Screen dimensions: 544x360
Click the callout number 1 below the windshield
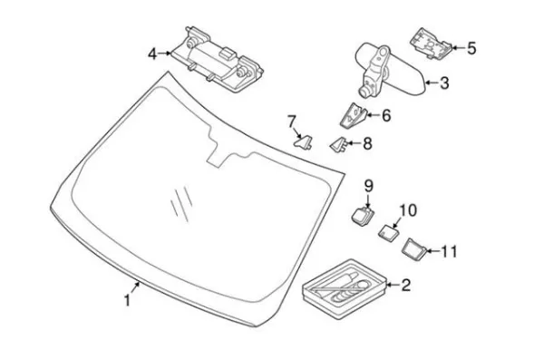(x=127, y=300)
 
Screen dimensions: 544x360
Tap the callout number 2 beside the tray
(x=405, y=285)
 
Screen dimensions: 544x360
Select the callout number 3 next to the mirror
(x=444, y=83)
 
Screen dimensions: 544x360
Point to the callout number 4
(x=152, y=54)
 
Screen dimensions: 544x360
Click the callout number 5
(x=471, y=48)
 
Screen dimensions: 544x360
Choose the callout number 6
(x=386, y=115)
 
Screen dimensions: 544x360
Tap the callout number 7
(x=291, y=122)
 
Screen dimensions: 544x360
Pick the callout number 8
(x=367, y=143)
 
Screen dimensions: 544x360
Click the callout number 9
(x=368, y=186)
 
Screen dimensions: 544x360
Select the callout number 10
(x=408, y=210)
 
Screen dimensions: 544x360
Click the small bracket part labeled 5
(x=431, y=44)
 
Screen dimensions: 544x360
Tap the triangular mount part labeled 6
(x=353, y=115)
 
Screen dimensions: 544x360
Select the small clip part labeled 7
(x=304, y=142)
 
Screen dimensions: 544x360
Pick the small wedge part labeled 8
(x=338, y=144)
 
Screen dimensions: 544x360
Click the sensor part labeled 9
(x=363, y=215)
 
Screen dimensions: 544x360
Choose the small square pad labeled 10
(x=388, y=232)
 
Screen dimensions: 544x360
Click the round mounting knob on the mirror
(x=365, y=91)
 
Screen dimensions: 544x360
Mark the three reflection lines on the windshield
(x=181, y=204)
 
